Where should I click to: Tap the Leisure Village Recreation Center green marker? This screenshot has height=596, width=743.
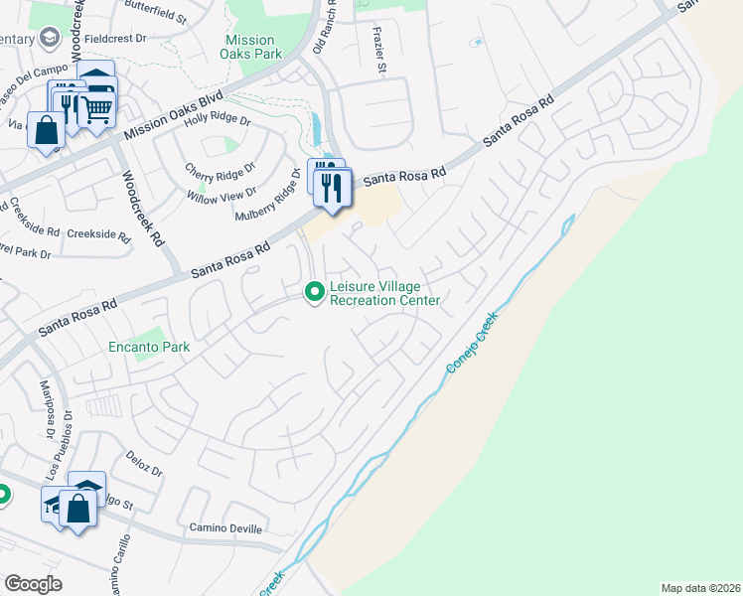315,291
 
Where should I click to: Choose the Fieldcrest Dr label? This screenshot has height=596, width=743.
115,38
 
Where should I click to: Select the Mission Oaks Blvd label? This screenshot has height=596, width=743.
174,116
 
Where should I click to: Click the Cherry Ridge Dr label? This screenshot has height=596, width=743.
220,170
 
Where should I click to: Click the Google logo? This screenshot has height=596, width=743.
33,584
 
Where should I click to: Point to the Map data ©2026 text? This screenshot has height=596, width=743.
699,587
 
